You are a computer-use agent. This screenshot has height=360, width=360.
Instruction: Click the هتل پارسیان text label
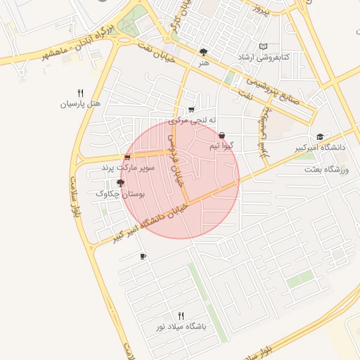[x=80, y=104]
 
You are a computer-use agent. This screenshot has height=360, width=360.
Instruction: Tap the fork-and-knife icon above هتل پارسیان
[x=80, y=93]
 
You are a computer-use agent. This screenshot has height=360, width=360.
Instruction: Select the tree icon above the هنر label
[x=204, y=51]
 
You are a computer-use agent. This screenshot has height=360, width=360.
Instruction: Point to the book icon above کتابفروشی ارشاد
[x=264, y=46]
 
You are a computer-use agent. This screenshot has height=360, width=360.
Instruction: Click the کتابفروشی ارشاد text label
[x=263, y=56]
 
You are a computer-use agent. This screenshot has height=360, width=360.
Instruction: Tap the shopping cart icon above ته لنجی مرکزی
[x=191, y=110]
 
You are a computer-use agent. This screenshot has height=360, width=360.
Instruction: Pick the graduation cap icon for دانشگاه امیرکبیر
[x=321, y=136]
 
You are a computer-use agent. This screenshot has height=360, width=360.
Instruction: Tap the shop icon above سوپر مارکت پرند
[x=127, y=157]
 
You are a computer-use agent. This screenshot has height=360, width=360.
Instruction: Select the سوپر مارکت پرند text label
[x=127, y=168]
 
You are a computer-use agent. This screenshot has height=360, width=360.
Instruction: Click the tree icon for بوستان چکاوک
[x=120, y=183]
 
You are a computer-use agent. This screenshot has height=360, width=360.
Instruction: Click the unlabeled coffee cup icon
[x=143, y=257]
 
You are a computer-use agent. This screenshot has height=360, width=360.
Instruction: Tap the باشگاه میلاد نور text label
[x=181, y=328]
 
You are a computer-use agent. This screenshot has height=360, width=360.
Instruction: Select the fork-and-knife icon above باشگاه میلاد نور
[x=181, y=316]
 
